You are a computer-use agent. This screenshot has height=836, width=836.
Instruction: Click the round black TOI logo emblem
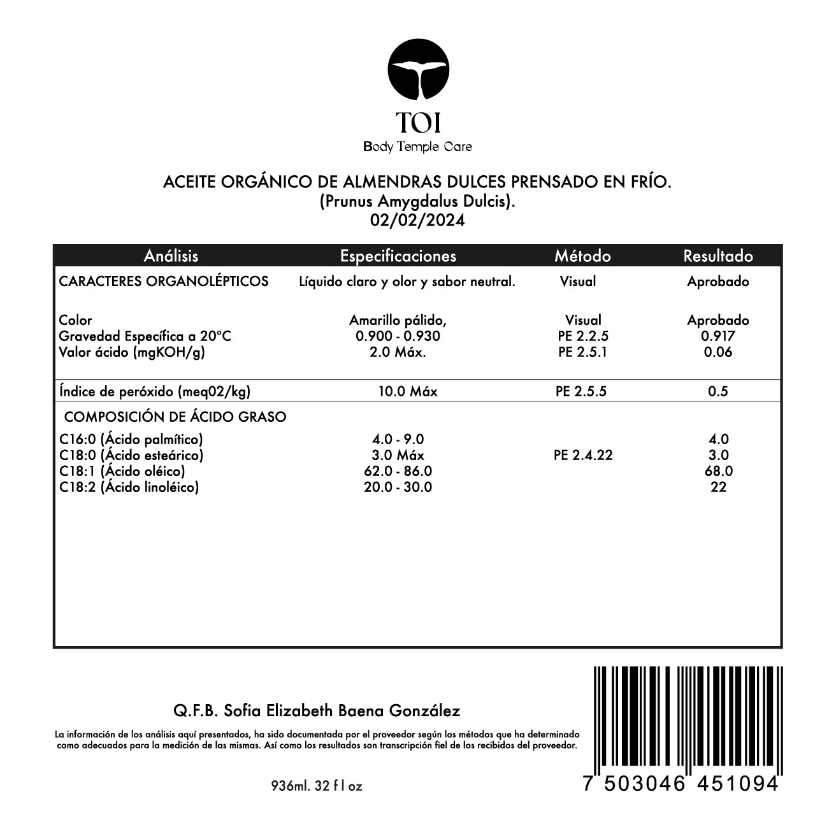pos(419,71)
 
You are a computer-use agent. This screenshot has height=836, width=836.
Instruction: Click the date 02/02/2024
pos(418,220)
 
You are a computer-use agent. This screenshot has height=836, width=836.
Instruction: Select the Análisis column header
pos(171,256)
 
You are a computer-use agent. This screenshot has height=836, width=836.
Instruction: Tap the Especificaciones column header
pos(398,256)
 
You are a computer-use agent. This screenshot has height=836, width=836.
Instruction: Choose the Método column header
pos(582,256)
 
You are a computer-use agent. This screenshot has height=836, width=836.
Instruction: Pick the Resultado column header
pos(718,256)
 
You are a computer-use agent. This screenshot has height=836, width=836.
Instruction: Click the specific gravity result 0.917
pos(718,336)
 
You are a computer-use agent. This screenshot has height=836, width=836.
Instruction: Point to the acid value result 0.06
pos(718,352)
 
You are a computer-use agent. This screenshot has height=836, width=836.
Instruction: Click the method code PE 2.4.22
pos(583,455)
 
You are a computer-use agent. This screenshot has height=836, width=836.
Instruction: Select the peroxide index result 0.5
pos(718,391)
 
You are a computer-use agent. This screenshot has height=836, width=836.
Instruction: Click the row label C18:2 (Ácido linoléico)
pos(129,487)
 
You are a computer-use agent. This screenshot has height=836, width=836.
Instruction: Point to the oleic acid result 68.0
pos(718,471)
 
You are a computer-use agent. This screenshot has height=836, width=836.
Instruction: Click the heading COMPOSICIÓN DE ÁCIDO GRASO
pos(175,417)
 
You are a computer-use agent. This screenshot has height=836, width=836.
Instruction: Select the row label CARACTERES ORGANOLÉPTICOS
pos(164,281)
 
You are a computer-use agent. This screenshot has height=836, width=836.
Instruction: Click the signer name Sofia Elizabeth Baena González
pos(342,710)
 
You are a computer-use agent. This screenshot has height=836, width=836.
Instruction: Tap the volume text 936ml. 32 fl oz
pos(317,786)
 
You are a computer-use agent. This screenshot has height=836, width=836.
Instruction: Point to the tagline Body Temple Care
pos(418,147)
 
